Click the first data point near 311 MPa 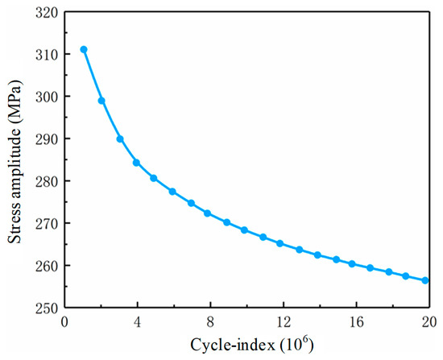pos(84,49)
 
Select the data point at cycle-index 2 pos(101,101)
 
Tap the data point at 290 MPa pos(120,139)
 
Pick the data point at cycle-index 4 pos(136,163)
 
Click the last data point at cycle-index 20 pos(425,280)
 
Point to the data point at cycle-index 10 pos(244,230)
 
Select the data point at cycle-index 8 pos(207,213)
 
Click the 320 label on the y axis pos(46,13)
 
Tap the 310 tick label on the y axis pos(46,55)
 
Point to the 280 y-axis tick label pos(46,182)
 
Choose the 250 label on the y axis pos(46,308)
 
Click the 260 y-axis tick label pos(46,267)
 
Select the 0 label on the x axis pos(64,322)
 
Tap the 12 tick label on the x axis pos(284,322)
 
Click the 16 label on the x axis pos(357,322)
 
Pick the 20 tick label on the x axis pos(429,322)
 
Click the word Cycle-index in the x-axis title pos(233,345)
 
